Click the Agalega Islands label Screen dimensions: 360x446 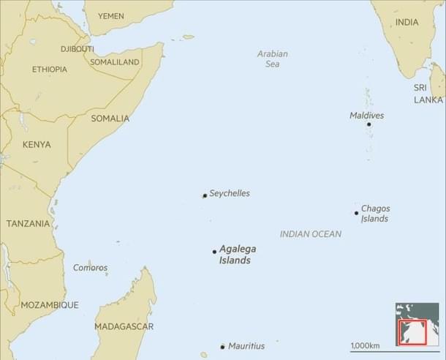coord(238,254)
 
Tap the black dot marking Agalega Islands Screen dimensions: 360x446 coord(214,251)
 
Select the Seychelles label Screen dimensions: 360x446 coord(230,193)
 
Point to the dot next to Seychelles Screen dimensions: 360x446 coord(205,195)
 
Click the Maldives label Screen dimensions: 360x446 coord(366,116)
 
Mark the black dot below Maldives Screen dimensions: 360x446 coord(368,124)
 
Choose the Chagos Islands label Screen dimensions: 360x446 coord(375,214)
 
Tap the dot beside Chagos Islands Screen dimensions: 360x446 coord(357,213)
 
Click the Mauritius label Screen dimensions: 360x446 coord(246,346)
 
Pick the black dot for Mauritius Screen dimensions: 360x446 coord(222,347)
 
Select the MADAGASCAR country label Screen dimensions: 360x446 coord(124,326)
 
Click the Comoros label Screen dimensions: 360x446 coord(90,268)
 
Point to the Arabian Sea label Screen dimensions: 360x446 coord(273,59)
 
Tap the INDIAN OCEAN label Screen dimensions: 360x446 coord(311,234)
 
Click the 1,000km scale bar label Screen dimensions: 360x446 coord(365,345)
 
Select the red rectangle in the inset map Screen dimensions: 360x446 coord(410,331)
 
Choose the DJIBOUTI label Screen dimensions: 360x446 coord(78,49)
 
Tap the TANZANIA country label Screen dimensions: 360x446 coord(28,223)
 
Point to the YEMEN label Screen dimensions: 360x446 coord(111,15)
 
